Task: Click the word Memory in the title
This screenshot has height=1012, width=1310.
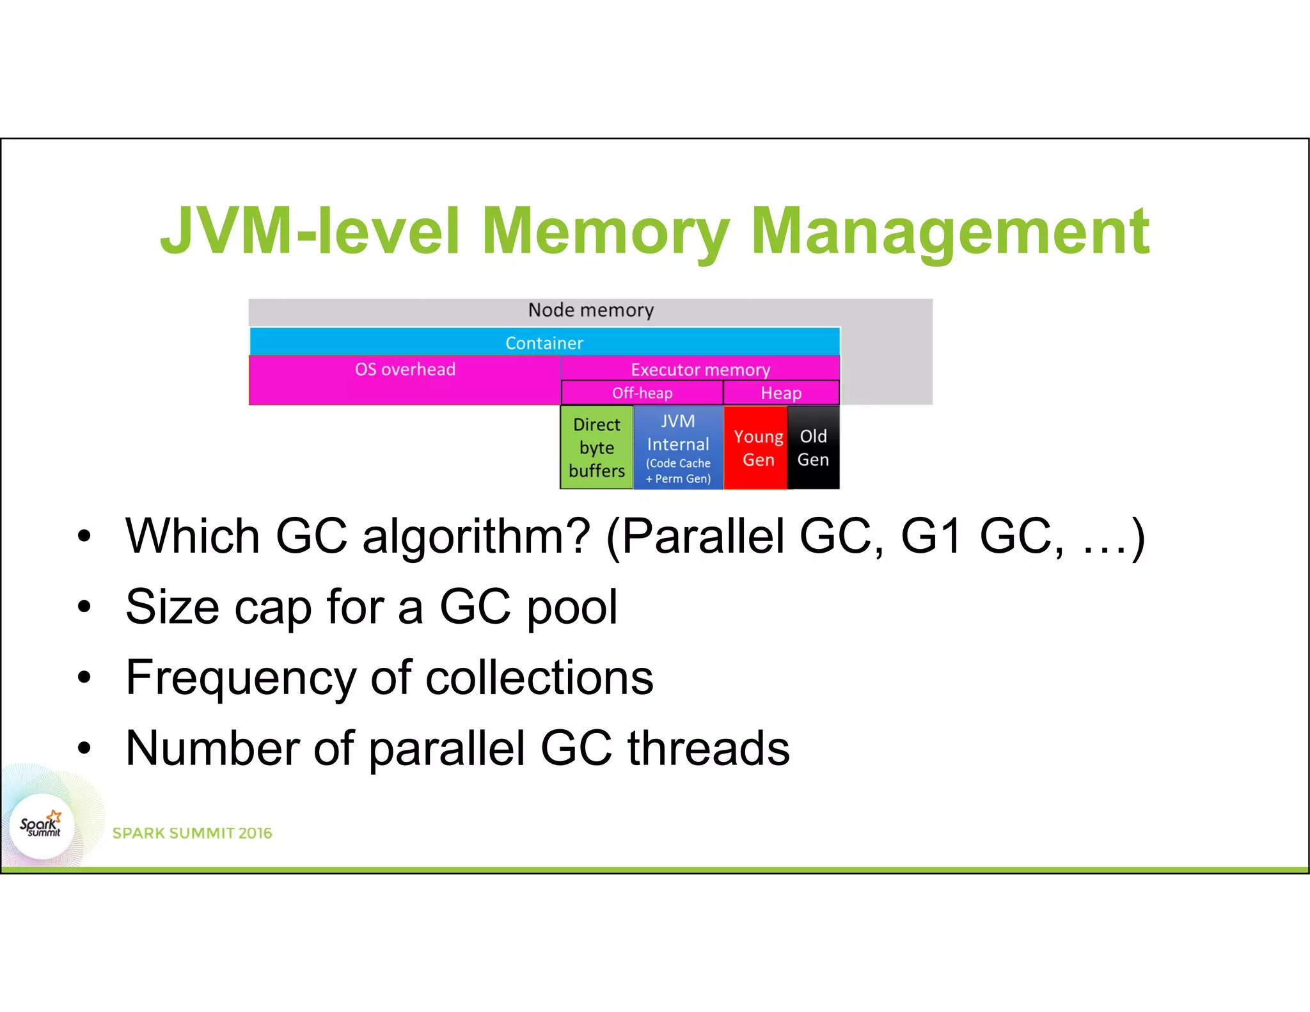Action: pos(604,232)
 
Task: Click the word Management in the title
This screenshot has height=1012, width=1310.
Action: pos(950,232)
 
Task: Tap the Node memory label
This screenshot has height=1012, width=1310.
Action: pos(590,310)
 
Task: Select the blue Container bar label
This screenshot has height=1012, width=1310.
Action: pos(544,343)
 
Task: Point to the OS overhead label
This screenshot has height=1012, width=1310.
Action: pos(405,370)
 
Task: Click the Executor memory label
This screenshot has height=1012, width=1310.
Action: pos(700,370)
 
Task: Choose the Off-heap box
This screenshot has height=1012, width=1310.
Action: pos(642,393)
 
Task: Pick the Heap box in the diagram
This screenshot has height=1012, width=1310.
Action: pos(781,393)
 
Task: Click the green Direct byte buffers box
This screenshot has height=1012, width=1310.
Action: pos(597,448)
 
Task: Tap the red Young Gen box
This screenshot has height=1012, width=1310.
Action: pos(758,448)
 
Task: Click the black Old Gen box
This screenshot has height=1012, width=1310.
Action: pos(813,448)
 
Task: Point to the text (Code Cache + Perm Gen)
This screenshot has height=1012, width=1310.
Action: pos(678,471)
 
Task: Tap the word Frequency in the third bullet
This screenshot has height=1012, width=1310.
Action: pos(241,678)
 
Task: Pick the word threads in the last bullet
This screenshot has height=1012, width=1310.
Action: pos(709,748)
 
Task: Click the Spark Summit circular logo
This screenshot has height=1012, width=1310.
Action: pos(42,826)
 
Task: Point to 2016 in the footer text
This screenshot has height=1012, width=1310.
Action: pos(255,833)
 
